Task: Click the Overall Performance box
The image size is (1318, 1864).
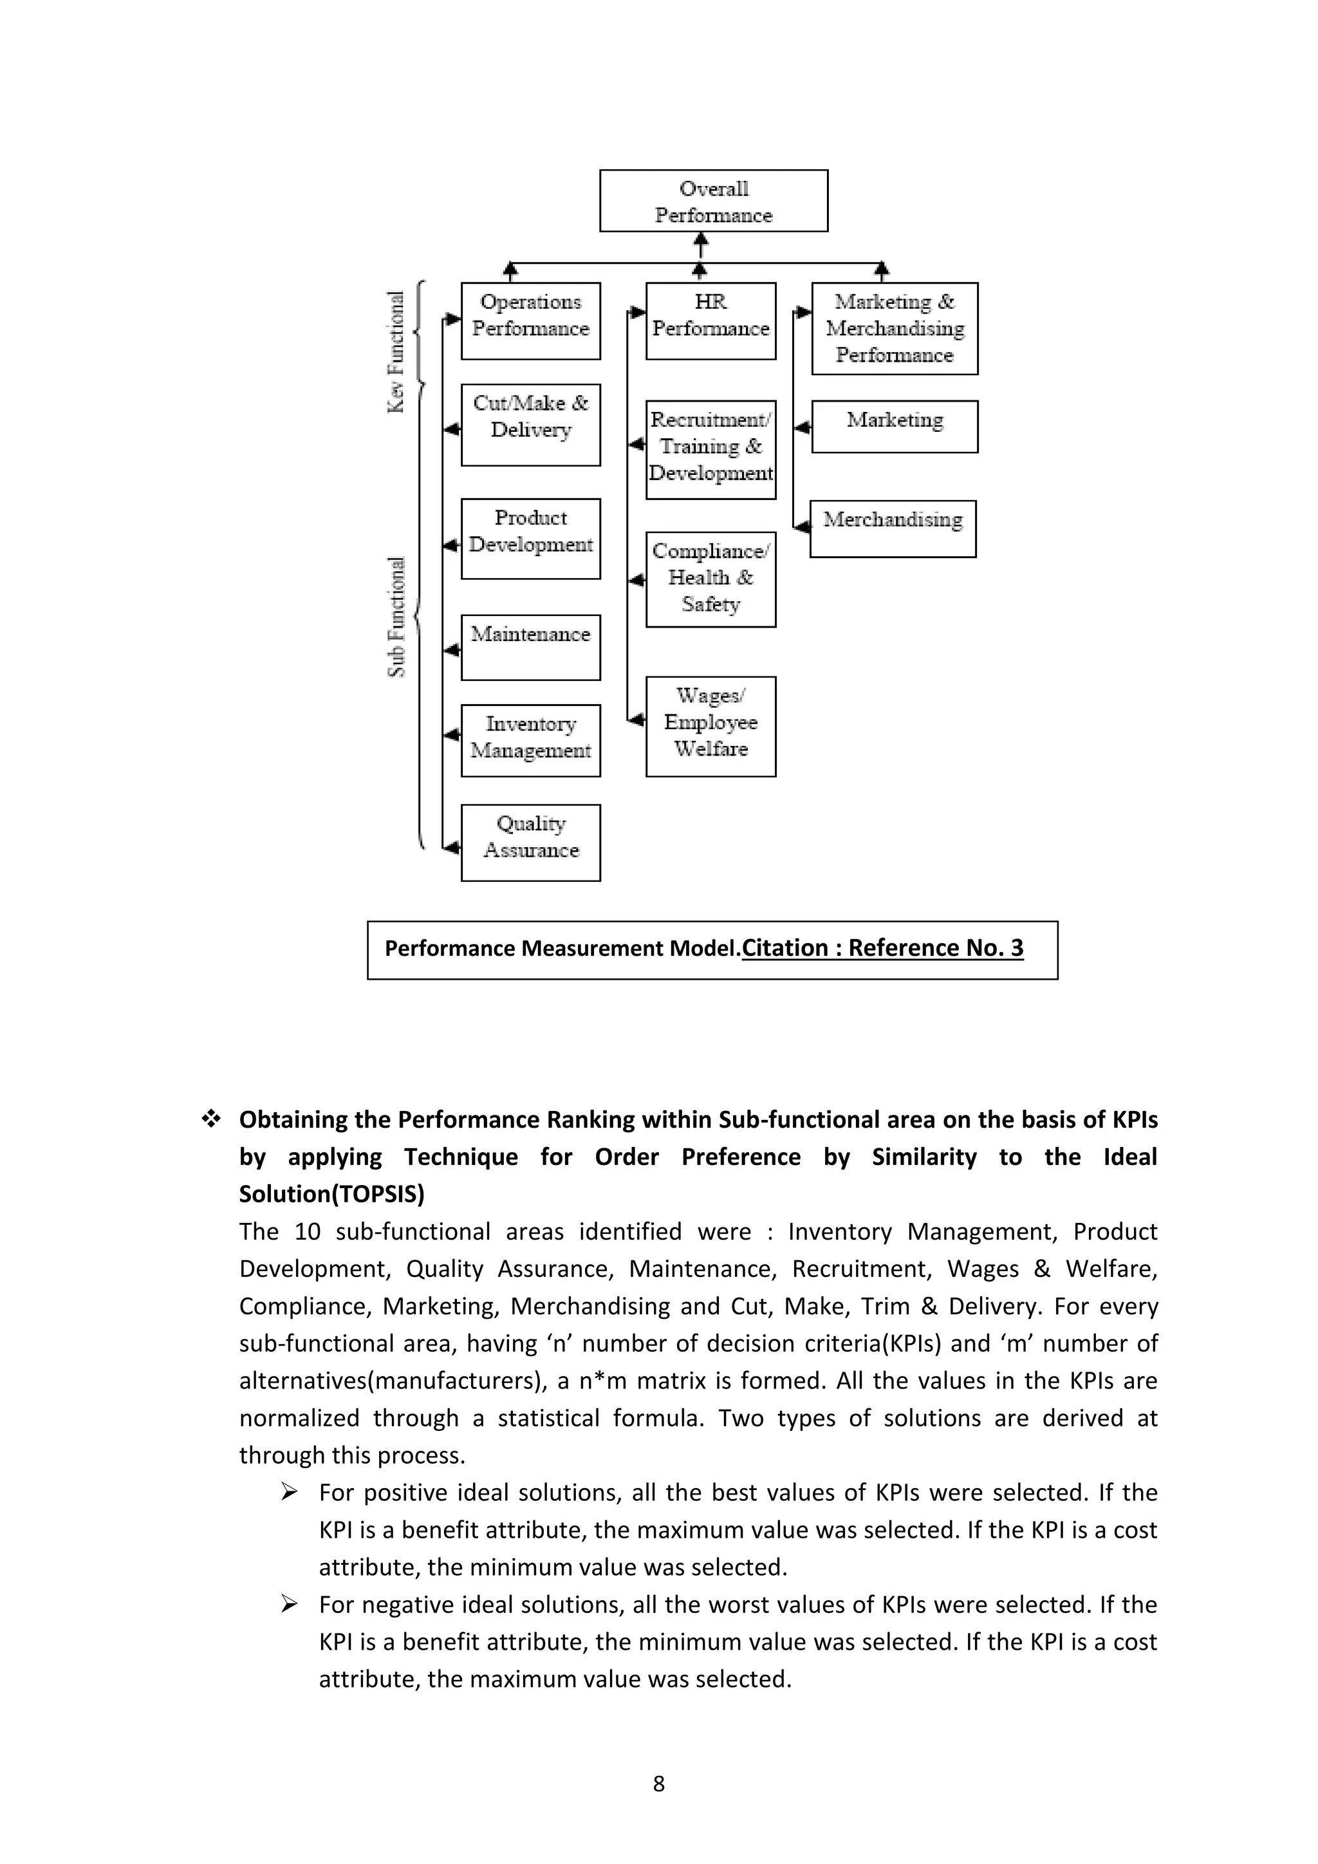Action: click(713, 201)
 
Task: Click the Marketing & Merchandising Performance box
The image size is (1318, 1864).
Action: click(895, 328)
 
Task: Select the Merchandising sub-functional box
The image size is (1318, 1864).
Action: click(893, 528)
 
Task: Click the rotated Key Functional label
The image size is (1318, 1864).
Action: click(395, 351)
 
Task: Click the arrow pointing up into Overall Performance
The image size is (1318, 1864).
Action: click(701, 243)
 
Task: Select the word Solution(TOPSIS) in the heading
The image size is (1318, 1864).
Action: click(331, 1194)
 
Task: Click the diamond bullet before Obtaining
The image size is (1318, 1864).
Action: click(211, 1119)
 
